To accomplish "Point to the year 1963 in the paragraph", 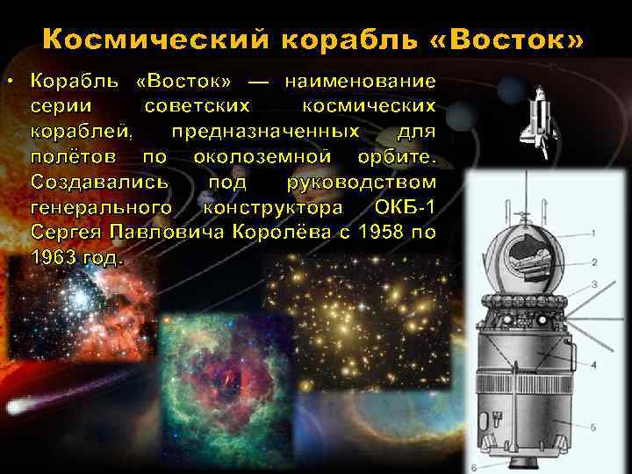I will (55, 259).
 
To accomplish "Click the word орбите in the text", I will (389, 157).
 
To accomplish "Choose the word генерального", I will (99, 208).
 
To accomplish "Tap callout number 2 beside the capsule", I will (594, 262).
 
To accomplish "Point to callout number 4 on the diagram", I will (593, 363).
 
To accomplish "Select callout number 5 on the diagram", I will (593, 427).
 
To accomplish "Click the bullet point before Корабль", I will (8, 82).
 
